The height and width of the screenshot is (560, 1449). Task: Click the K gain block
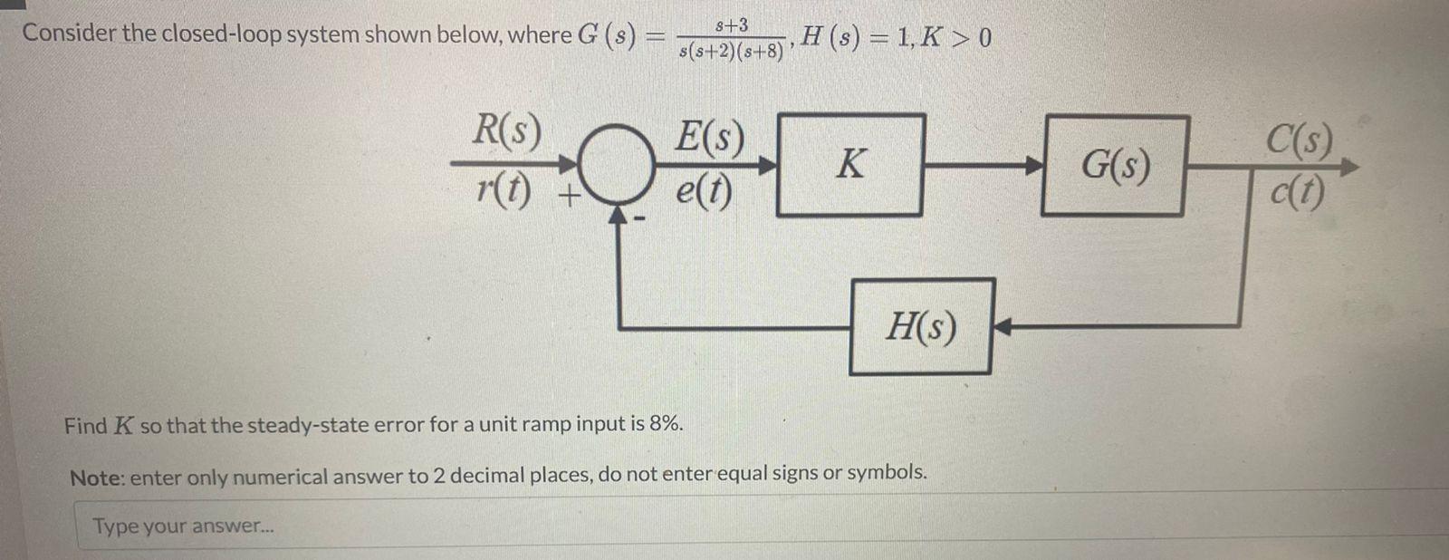pos(850,165)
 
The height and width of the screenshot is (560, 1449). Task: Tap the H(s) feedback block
pos(921,326)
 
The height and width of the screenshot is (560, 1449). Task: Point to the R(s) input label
pos(506,132)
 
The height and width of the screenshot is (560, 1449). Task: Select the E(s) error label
pos(710,139)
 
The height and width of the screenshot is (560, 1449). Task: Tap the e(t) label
pos(704,190)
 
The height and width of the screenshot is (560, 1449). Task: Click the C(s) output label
pos(1299,140)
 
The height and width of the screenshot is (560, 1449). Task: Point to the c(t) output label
pos(1296,191)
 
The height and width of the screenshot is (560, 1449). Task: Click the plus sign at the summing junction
pos(567,197)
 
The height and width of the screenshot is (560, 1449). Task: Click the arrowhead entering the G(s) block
pos(1032,166)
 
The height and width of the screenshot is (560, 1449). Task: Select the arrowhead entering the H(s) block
pos(1002,326)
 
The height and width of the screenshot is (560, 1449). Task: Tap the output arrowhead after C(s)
pos(1348,167)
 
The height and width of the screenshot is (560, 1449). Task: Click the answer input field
pos(724,526)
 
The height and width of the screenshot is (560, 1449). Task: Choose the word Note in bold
pos(96,477)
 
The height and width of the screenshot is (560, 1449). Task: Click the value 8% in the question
pos(666,424)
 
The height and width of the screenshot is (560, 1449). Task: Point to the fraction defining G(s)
pos(731,38)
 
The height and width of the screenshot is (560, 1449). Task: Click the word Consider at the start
pos(69,34)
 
